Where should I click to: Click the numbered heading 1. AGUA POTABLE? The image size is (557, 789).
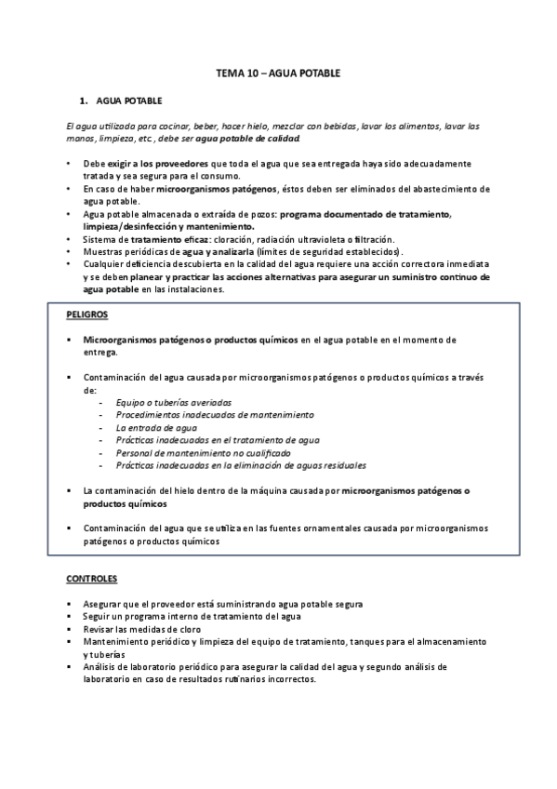point(129,100)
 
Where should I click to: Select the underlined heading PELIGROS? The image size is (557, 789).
point(87,315)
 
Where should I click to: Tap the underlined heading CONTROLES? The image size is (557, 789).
point(91,579)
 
